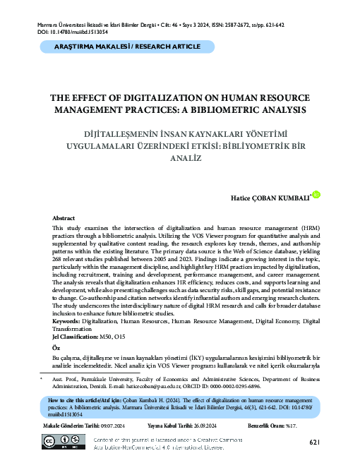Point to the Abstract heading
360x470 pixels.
point(64,219)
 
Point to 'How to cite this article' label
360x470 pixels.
point(81,399)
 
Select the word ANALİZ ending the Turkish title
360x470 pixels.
point(180,159)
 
